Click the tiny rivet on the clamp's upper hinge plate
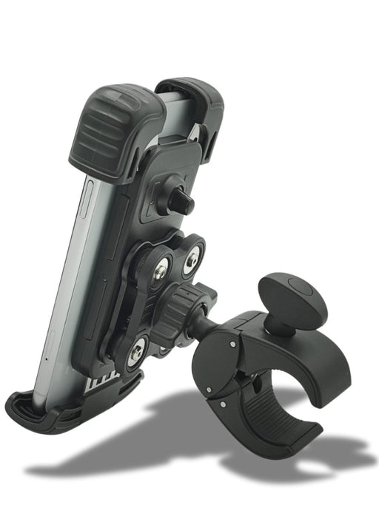(x=232, y=344)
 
